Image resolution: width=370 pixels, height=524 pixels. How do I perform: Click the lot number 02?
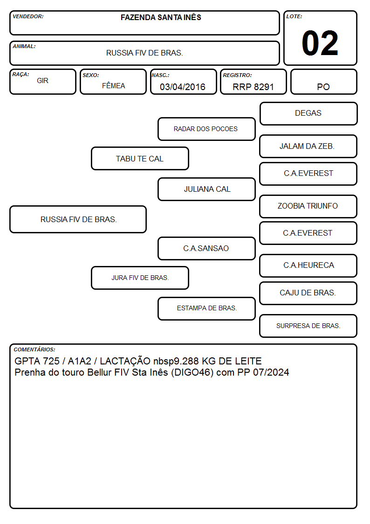(320, 43)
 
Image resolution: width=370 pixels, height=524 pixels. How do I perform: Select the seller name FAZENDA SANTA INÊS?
(161, 17)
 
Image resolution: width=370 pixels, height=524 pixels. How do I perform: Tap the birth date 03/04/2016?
(183, 87)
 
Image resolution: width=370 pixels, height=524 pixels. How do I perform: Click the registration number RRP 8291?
(253, 87)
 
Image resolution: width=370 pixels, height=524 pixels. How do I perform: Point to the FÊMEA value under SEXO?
(113, 85)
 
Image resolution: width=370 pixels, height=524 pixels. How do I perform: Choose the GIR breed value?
(43, 81)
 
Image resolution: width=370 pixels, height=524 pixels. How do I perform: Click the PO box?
(323, 82)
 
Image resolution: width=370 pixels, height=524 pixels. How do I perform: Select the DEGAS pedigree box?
(308, 114)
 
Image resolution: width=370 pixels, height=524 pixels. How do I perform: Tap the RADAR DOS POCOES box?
(206, 129)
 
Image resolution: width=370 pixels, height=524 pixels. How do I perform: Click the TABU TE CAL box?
(140, 158)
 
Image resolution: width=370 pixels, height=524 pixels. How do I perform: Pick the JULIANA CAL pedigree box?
(206, 189)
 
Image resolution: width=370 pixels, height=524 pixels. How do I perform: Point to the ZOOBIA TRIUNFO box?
(308, 207)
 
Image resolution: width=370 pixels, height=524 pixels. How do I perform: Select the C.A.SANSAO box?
(206, 248)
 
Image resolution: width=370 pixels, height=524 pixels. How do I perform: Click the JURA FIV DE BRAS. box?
(140, 278)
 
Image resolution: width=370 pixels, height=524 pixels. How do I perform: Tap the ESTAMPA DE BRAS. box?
(206, 308)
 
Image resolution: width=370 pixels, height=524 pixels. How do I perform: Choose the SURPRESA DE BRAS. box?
(308, 326)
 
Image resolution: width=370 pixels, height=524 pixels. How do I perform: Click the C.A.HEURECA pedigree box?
(308, 265)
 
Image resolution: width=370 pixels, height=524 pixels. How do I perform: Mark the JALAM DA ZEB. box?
(308, 147)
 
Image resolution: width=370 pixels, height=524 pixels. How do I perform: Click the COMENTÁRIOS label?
(34, 349)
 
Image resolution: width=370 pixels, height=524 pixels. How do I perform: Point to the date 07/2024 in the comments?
(271, 372)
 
